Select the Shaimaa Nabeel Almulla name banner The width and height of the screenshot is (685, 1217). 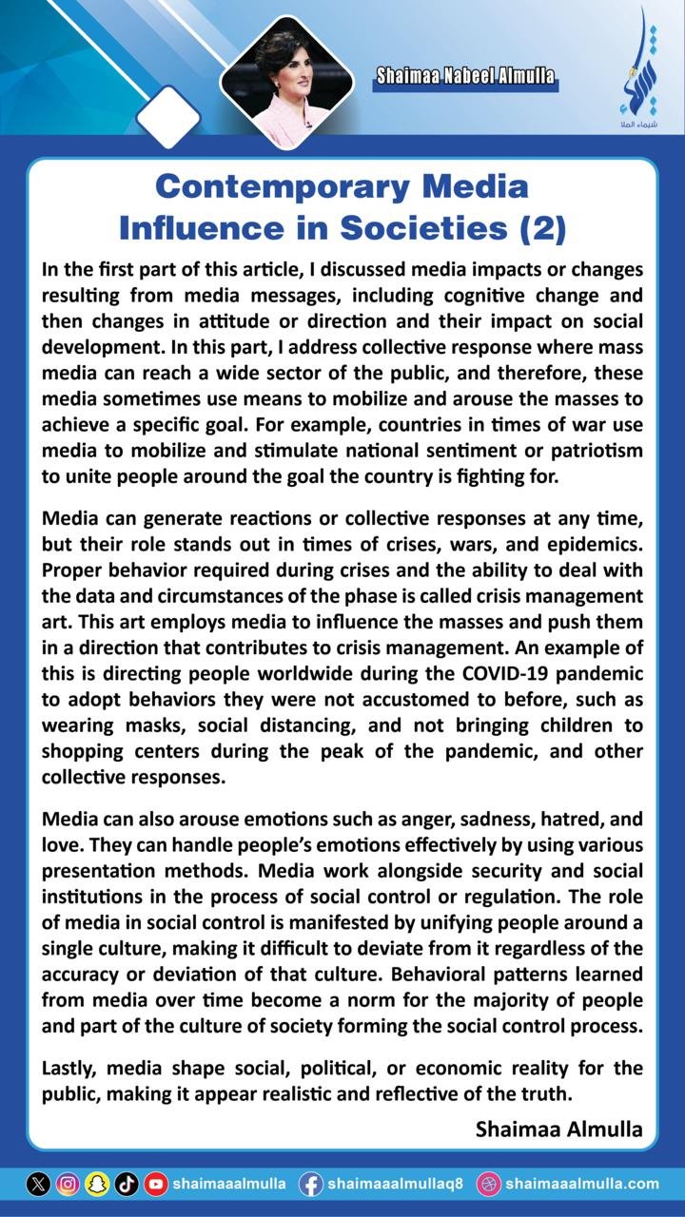pos(465,77)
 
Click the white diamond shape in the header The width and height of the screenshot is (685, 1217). pos(168,118)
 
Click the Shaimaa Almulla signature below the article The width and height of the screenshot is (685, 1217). pos(558,1129)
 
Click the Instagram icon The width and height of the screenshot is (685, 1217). pos(68,1184)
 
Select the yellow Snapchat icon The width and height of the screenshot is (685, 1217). pos(97,1184)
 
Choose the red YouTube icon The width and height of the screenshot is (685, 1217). pos(156,1184)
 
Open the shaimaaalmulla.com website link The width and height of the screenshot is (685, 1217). pos(581,1184)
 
